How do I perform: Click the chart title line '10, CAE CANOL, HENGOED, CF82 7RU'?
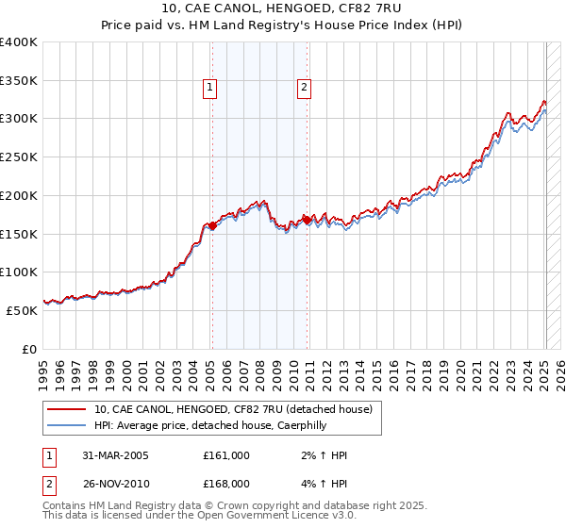pos(283,9)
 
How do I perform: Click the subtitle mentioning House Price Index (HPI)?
pos(283,26)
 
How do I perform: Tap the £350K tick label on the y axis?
pos(19,81)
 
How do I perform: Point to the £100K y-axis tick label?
pos(19,272)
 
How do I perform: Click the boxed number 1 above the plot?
pos(210,89)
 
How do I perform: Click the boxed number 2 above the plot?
pos(305,89)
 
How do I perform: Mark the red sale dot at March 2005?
pos(212,225)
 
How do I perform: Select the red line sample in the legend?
pos(67,409)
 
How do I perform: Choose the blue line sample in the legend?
pos(67,425)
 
